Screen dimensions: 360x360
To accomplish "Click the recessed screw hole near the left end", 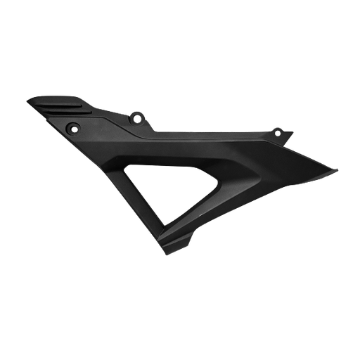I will pyautogui.click(x=72, y=127).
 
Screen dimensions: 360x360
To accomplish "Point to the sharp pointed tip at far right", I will pyautogui.click(x=336, y=169).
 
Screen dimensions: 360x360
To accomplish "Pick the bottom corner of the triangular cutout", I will pyautogui.click(x=166, y=229).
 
